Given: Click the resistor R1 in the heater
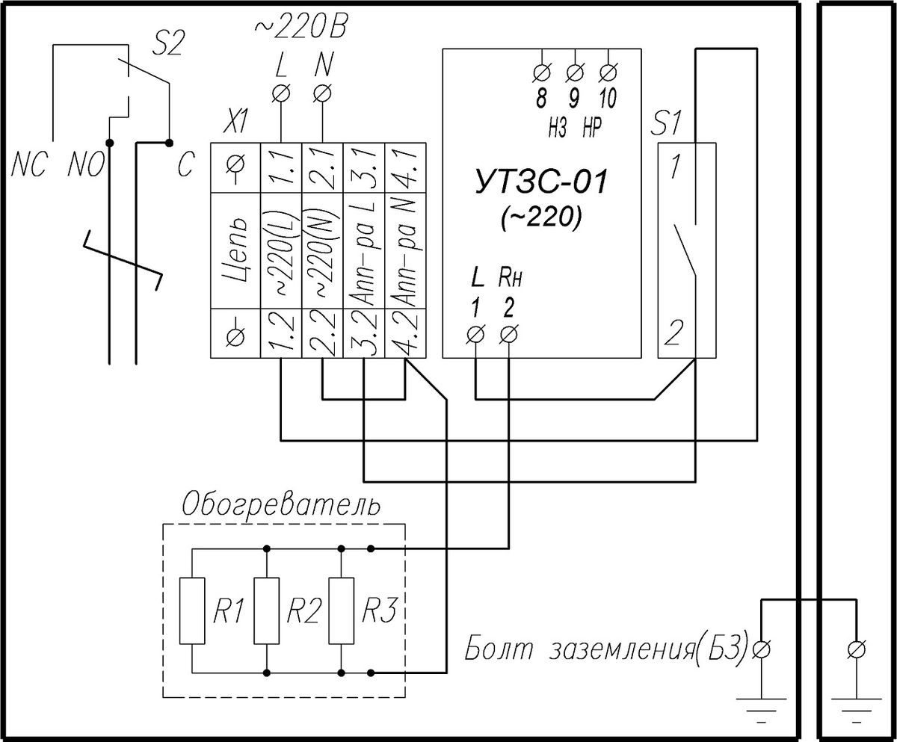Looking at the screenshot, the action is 192,610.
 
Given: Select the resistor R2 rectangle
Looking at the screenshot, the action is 266,610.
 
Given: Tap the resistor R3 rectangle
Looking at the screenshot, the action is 342,610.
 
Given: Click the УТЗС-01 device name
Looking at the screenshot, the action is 542,182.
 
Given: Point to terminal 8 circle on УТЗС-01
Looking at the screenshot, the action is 542,72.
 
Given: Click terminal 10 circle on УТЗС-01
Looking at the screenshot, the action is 608,72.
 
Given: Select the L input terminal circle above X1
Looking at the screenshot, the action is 281,93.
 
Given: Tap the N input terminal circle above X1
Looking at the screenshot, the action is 322,93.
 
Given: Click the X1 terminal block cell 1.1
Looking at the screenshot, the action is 281,167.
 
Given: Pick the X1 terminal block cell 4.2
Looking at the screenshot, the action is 406,333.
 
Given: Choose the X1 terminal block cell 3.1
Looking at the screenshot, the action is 364,167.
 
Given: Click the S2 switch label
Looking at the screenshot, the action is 168,44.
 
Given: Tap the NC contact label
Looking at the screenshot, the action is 28,165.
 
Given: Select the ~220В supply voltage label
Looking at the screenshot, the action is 300,28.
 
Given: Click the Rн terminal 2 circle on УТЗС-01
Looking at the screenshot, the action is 508,335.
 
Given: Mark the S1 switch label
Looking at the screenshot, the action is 665,123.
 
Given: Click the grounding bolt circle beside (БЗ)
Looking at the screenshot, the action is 761,649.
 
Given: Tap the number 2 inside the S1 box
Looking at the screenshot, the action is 673,333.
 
